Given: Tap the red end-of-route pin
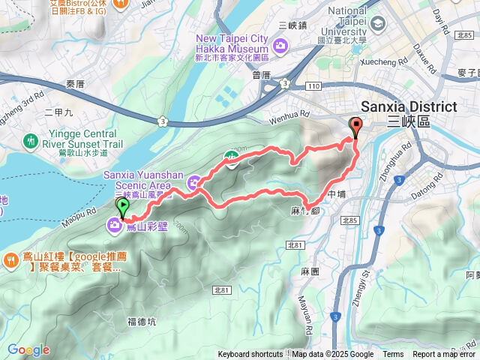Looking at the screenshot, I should point(355,127).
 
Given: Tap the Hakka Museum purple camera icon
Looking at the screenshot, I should point(280,46).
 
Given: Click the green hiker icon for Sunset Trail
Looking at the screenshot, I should point(30,140).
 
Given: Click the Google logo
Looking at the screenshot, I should point(28,350).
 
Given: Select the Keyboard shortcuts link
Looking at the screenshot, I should point(250,355).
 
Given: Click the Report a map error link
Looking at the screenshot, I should point(444,355).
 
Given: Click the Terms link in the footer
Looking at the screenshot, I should point(393,355).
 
